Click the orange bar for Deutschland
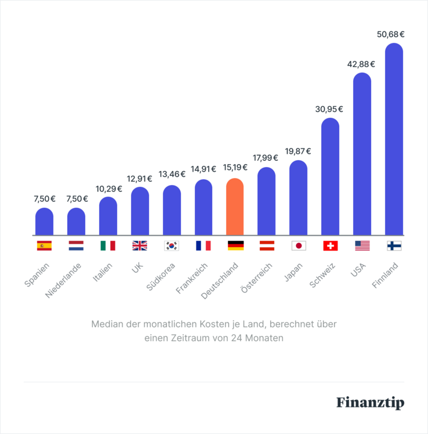pos(235,207)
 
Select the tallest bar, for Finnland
pos(394,139)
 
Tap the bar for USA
pos(362,154)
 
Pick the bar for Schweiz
pos(330,176)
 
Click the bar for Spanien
pos(44,222)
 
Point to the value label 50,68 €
pos(390,34)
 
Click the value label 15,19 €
pos(235,168)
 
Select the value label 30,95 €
pos(329,108)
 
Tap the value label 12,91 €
pos(140,178)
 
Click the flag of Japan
pos(299,245)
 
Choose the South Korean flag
pos(171,245)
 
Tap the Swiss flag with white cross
pos(330,245)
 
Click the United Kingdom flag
pos(140,245)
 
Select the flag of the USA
pos(362,245)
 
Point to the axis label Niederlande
pos(66,281)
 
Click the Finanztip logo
pos(370,403)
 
